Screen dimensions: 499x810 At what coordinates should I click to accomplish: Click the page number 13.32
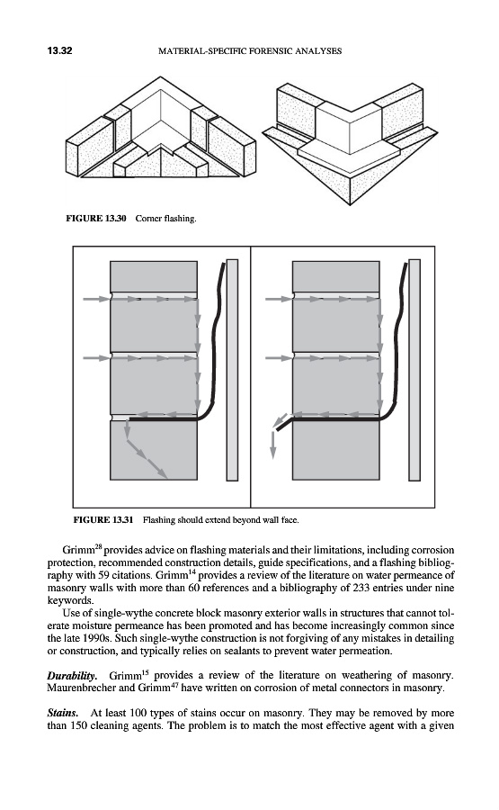[59, 50]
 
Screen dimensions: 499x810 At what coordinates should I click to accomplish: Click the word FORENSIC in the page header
[269, 51]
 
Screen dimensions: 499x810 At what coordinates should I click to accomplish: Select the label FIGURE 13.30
[96, 219]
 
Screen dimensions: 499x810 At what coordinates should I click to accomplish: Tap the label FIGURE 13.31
[103, 519]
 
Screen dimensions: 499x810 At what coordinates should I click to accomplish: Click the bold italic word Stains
[63, 714]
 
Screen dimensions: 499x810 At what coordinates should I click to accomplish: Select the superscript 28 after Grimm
[99, 546]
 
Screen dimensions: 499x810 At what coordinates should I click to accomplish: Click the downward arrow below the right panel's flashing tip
[273, 445]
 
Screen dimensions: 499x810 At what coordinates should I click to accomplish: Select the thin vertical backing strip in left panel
[232, 370]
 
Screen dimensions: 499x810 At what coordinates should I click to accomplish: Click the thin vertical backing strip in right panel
[414, 370]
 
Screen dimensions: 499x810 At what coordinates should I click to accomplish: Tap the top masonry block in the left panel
[154, 277]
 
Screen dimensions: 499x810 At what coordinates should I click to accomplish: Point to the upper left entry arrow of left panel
[96, 299]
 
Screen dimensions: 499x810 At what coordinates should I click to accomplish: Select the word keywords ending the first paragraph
[70, 601]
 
